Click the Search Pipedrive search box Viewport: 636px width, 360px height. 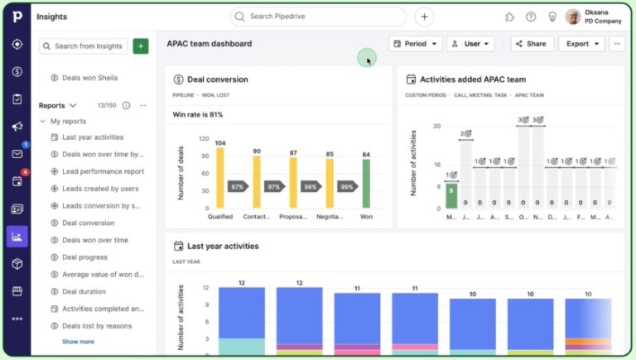coord(318,17)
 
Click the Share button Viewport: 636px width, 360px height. coord(530,44)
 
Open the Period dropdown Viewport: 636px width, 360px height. coord(415,44)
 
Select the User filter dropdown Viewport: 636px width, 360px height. coord(470,44)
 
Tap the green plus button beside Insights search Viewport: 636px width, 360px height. coord(141,46)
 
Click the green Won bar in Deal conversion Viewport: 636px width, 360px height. coord(366,183)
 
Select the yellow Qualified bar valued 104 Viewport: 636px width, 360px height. coord(219,178)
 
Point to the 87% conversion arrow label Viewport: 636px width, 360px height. coord(238,187)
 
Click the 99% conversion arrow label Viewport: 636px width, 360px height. coord(347,187)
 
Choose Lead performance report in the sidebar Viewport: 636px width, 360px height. coord(103,171)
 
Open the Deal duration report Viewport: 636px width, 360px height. coord(84,291)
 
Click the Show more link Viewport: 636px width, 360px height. coord(78,342)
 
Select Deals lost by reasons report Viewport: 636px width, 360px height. coord(97,325)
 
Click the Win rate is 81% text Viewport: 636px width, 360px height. coord(197,114)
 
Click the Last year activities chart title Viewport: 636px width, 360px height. coord(222,246)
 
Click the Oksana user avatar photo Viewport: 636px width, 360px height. coord(572,17)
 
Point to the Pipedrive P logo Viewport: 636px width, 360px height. coord(17,17)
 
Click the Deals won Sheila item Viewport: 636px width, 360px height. coord(89,78)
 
